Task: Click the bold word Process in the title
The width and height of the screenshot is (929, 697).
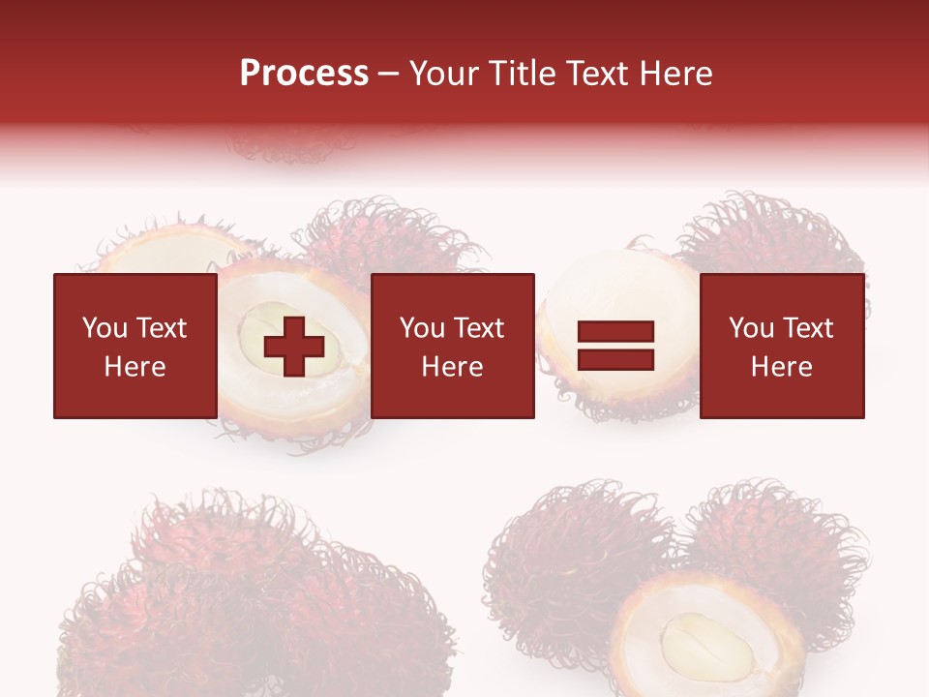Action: tap(304, 74)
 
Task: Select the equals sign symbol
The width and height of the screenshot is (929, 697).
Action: tap(615, 346)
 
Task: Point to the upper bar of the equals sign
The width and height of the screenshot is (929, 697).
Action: tap(615, 332)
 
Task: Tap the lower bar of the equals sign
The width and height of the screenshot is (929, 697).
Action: tap(615, 359)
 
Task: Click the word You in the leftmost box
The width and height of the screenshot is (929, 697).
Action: tap(105, 328)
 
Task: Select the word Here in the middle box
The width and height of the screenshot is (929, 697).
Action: tap(452, 367)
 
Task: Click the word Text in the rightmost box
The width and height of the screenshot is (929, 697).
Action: tap(809, 328)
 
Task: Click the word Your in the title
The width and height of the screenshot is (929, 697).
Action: tap(445, 74)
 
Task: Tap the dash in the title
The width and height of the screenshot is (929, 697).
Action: tap(388, 74)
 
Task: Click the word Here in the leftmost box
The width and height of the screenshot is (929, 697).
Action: tap(135, 367)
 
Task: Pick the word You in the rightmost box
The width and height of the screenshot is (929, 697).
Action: tap(752, 328)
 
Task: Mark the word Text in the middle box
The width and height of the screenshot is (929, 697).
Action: tap(480, 328)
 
